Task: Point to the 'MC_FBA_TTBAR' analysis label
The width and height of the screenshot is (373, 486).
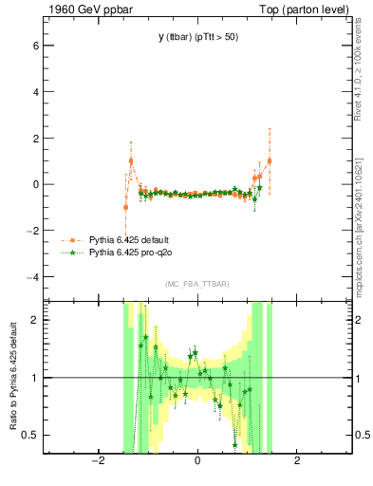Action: click(x=197, y=284)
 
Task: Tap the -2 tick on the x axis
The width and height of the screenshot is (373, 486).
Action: click(x=97, y=461)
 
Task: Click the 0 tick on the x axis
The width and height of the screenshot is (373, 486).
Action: click(x=197, y=461)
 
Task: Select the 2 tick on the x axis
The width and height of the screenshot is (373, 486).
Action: click(x=297, y=461)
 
